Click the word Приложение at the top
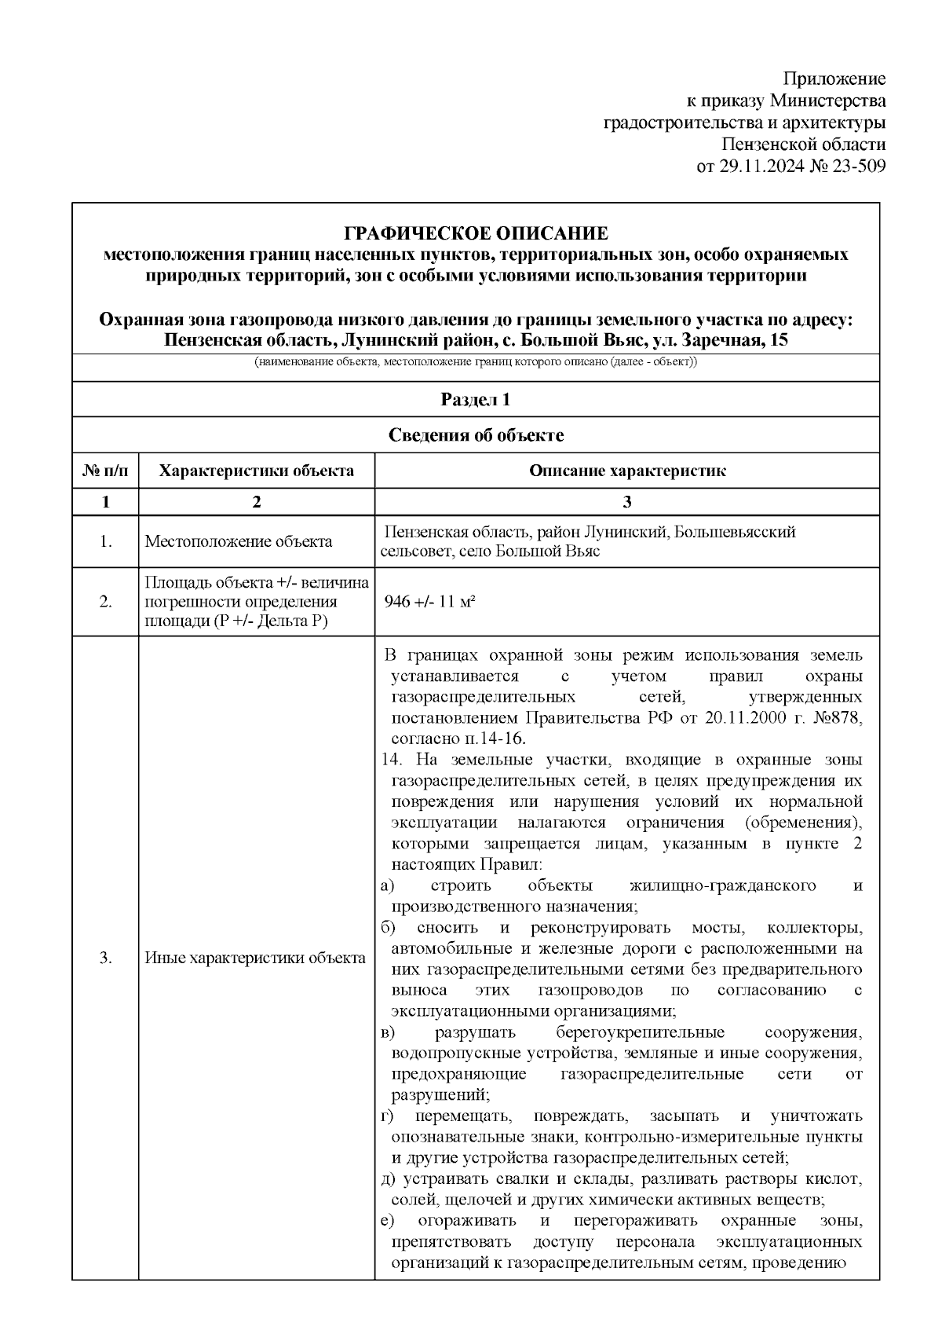point(834,79)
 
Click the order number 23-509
point(856,167)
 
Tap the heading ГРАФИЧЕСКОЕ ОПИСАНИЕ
point(476,233)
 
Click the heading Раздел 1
point(476,399)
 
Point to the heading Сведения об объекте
point(476,435)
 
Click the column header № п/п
point(105,471)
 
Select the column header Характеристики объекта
point(256,471)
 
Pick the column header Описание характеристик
point(626,471)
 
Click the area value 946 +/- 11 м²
point(431,602)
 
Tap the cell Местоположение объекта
point(238,541)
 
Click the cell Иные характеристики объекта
point(255,958)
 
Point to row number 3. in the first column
point(105,958)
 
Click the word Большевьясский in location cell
point(738,532)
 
